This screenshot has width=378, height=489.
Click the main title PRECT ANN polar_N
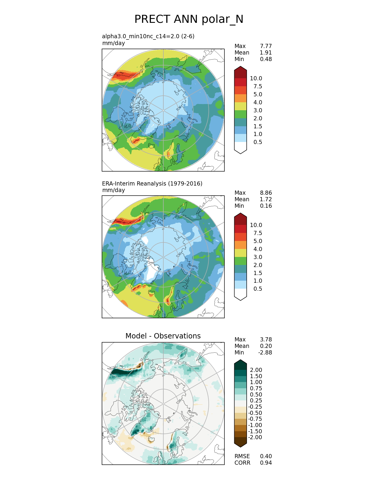pyautogui.click(x=189, y=19)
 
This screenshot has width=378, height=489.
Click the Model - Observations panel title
pyautogui.click(x=163, y=336)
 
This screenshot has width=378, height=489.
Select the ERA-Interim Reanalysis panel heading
pyautogui.click(x=152, y=183)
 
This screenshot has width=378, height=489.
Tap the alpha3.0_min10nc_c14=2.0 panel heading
pyautogui.click(x=148, y=36)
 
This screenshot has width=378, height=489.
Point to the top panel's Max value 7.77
pyautogui.click(x=266, y=46)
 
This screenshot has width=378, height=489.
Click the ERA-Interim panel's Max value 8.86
pyautogui.click(x=266, y=193)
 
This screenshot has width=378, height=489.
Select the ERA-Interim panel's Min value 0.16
pyautogui.click(x=266, y=206)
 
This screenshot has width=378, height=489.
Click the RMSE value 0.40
pyautogui.click(x=266, y=456)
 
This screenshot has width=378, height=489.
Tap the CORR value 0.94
pyautogui.click(x=266, y=463)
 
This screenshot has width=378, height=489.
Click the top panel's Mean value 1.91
pyautogui.click(x=266, y=52)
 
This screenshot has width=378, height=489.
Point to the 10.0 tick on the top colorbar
pyautogui.click(x=256, y=78)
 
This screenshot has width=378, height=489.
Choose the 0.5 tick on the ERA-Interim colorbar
pyautogui.click(x=258, y=289)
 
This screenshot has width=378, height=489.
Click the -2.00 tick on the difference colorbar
pyautogui.click(x=255, y=437)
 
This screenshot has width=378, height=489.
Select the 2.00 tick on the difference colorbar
pyautogui.click(x=256, y=370)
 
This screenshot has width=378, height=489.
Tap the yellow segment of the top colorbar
pyautogui.click(x=240, y=106)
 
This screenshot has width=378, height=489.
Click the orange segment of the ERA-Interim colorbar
pyautogui.click(x=240, y=245)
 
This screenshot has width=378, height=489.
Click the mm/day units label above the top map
pyautogui.click(x=114, y=43)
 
